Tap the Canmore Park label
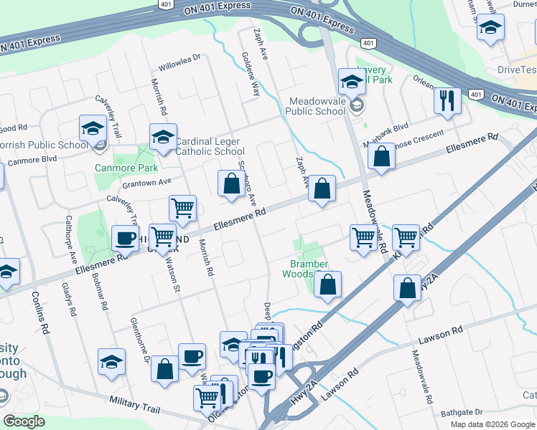[126, 168]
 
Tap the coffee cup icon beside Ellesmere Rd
[125, 238]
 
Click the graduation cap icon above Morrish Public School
[93, 128]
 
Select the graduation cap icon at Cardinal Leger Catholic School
[163, 137]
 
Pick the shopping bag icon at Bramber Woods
[327, 285]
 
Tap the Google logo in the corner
[24, 421]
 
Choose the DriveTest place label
[517, 70]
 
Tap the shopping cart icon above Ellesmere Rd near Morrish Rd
[183, 208]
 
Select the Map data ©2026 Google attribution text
[492, 424]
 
